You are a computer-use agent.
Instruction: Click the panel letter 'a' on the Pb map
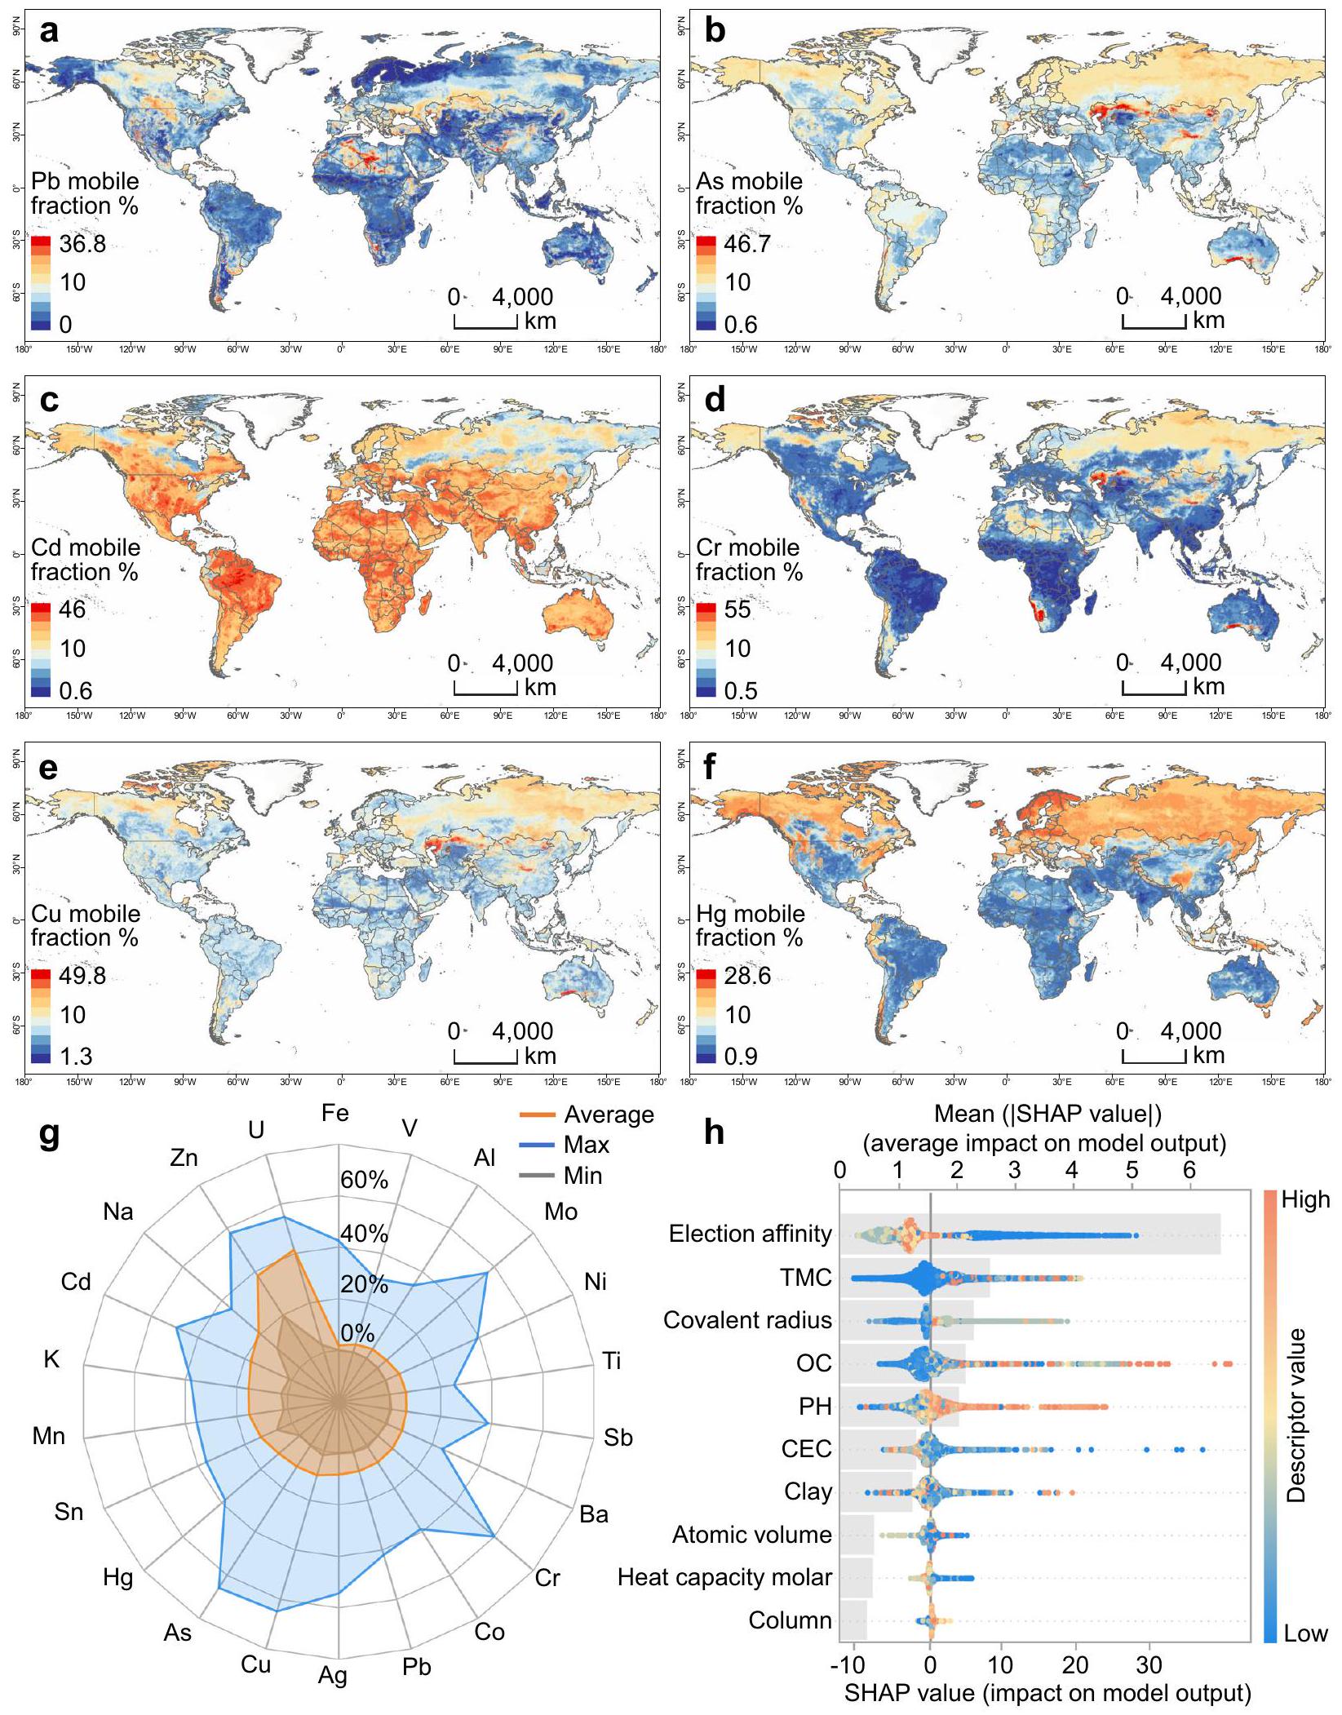pos(49,33)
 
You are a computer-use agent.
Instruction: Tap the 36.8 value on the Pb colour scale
pos(82,244)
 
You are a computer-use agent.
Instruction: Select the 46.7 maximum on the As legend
pos(746,244)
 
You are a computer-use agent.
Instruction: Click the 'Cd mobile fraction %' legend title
pos(85,560)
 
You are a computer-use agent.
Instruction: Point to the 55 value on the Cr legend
pos(737,609)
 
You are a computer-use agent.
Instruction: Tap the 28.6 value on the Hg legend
pos(746,976)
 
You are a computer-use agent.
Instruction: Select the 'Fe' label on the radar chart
pos(335,1113)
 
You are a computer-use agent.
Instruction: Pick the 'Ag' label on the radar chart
pos(333,1676)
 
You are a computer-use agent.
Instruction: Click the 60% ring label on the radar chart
pos(365,1180)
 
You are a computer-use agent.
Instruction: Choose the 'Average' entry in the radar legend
pos(608,1115)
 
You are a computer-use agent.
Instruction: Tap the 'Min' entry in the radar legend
pos(582,1176)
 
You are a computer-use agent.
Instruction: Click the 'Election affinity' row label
pos(750,1234)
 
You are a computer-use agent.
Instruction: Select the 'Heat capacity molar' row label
pos(724,1577)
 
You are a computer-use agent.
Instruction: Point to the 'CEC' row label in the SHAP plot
pos(806,1448)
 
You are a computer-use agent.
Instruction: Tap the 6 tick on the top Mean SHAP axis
pos(1189,1170)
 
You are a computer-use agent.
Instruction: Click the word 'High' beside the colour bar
pos(1305,1199)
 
